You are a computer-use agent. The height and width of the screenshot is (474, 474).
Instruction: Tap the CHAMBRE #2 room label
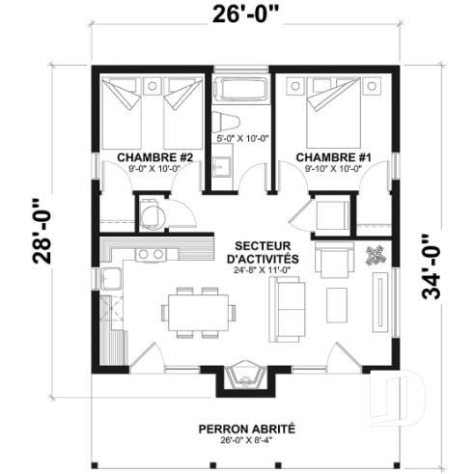[155, 156]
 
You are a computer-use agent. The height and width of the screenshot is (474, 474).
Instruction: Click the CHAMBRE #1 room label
[329, 156]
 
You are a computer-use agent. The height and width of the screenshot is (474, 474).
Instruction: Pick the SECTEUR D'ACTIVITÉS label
[265, 253]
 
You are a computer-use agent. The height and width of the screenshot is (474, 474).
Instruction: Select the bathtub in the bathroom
[240, 93]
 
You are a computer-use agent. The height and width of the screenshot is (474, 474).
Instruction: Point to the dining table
[197, 312]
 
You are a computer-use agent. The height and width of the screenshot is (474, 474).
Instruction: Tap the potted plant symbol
[375, 256]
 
